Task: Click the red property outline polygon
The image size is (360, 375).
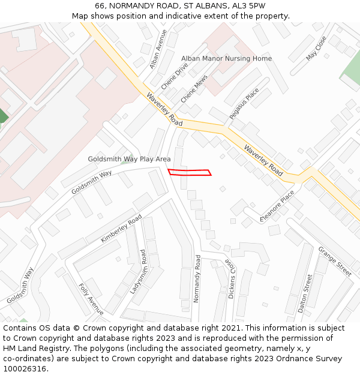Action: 190,173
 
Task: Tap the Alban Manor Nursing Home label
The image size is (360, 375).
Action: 226,58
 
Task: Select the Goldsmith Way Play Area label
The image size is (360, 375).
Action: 129,159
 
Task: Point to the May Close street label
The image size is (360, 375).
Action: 316,47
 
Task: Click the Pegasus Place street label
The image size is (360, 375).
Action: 244,103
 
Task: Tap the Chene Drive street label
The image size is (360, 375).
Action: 174,76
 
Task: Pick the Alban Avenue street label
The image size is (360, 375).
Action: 158,49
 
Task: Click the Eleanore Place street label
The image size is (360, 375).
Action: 277,206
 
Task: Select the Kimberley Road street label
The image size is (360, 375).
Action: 121,228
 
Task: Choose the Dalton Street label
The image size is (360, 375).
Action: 305,293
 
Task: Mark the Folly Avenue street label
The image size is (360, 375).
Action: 91,299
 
